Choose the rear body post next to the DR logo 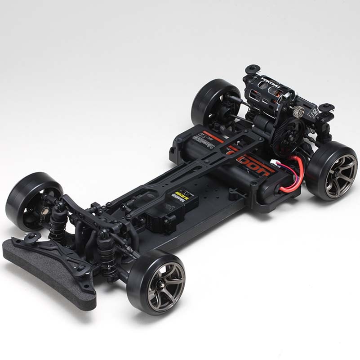click(x=327, y=108)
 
